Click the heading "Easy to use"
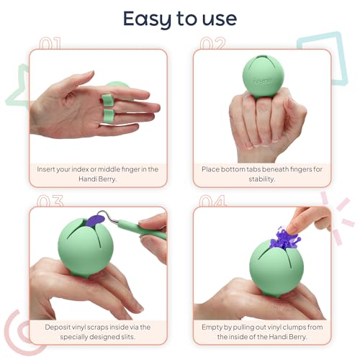pos(179,18)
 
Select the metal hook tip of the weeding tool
pos(116,215)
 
